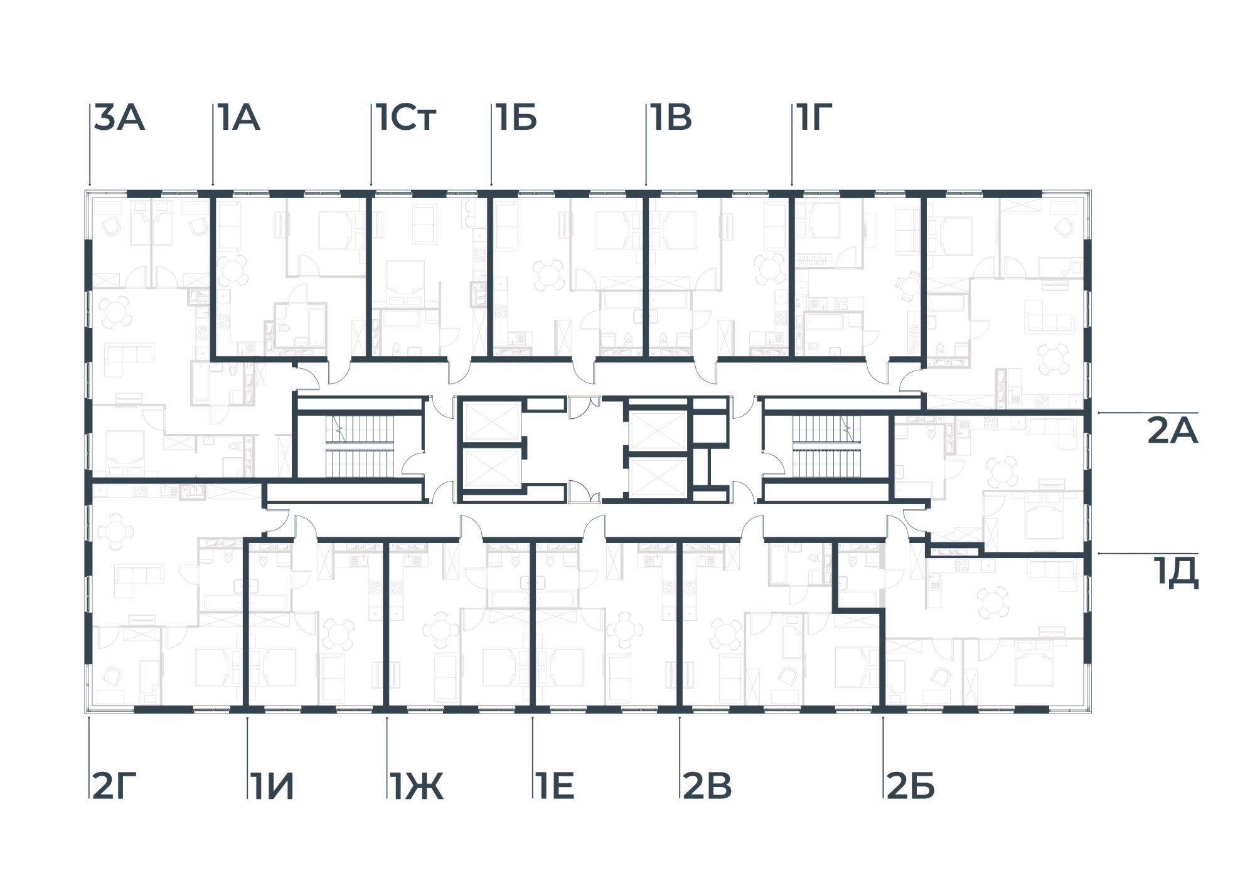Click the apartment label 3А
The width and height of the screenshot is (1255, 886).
(x=119, y=119)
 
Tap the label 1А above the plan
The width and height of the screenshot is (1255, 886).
(x=239, y=119)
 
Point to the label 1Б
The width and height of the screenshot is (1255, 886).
(x=516, y=119)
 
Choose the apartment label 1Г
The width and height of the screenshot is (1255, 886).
(x=814, y=119)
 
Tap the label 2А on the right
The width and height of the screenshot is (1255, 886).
(x=1172, y=432)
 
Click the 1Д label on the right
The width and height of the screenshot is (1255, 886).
(x=1175, y=573)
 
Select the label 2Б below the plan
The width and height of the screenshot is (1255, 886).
(x=911, y=786)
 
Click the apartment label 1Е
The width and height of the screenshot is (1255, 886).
(x=556, y=786)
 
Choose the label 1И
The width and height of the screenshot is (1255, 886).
(x=271, y=786)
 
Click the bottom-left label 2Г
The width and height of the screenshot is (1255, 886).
(x=114, y=786)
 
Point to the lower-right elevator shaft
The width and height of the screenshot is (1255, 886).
(x=658, y=478)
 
